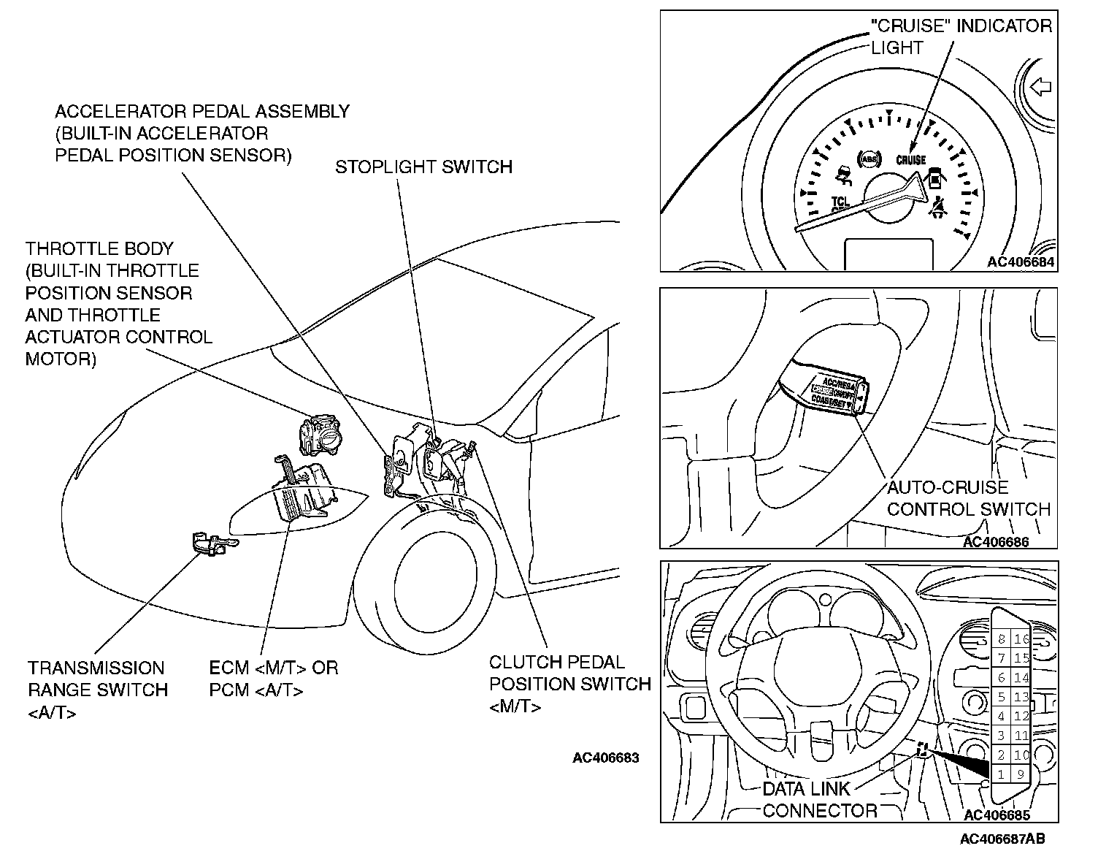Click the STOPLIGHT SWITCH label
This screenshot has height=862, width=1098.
pyautogui.click(x=423, y=167)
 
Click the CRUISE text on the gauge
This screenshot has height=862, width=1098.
pyautogui.click(x=911, y=159)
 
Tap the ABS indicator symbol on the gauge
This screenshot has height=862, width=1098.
pyautogui.click(x=869, y=159)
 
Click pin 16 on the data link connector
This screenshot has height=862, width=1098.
pyautogui.click(x=1021, y=639)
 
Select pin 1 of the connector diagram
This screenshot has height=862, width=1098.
pyautogui.click(x=1001, y=774)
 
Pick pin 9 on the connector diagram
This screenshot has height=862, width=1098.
pyautogui.click(x=1021, y=774)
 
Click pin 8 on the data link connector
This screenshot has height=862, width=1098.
pyautogui.click(x=1001, y=639)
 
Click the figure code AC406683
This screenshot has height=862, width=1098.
pyautogui.click(x=605, y=758)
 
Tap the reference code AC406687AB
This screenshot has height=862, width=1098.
pyautogui.click(x=1002, y=839)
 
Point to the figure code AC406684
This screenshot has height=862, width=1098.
pyautogui.click(x=1021, y=262)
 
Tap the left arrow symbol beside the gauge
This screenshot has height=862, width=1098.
pyautogui.click(x=1040, y=88)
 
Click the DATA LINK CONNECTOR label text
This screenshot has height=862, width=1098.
pyautogui.click(x=819, y=800)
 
